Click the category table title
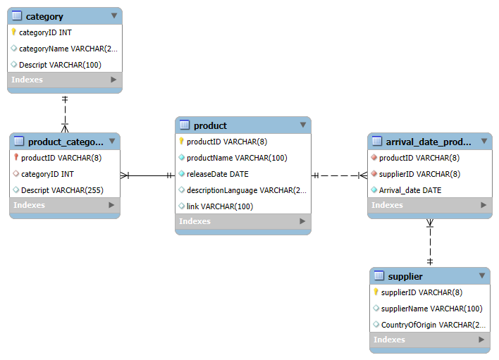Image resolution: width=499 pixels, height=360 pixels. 44,16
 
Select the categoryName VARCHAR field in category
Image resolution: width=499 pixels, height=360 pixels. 68,49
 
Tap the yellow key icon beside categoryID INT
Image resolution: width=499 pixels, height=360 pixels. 13,32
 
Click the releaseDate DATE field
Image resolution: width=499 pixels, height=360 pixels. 217,174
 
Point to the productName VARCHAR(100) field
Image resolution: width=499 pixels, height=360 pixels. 237,158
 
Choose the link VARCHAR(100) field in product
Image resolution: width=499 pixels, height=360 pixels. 220,206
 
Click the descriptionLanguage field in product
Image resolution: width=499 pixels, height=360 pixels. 246,190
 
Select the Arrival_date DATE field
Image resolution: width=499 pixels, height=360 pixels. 410,190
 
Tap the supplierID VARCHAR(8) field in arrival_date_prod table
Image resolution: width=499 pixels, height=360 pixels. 419,174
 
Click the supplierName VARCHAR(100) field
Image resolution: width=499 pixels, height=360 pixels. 431,309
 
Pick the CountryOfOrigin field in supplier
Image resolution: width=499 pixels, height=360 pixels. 433,325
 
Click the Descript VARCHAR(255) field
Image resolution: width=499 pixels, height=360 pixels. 62,190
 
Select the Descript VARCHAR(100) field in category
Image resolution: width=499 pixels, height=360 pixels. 60,65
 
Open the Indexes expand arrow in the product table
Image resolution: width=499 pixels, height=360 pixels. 302,221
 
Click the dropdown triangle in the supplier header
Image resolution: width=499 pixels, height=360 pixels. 482,275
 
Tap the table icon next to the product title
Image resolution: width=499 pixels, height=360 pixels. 185,125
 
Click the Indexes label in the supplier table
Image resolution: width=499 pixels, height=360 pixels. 389,340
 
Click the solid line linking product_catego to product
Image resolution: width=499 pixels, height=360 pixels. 148,175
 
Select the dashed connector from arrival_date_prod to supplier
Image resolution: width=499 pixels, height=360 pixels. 430,242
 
